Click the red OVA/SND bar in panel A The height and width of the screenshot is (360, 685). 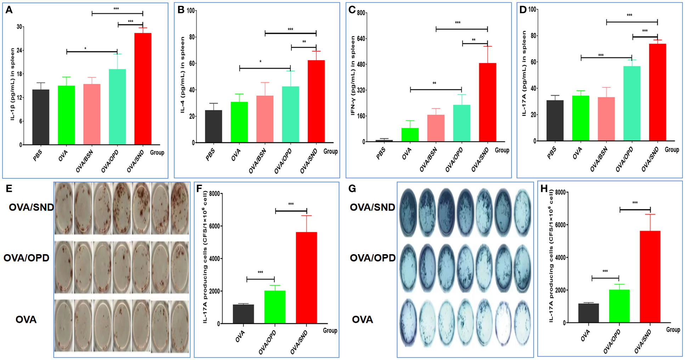pos(143,88)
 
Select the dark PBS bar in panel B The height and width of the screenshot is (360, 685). pos(214,126)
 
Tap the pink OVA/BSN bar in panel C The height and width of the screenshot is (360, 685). pos(436,128)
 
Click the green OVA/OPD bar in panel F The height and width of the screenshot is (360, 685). pos(275,307)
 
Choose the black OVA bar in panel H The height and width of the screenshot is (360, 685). pos(588,313)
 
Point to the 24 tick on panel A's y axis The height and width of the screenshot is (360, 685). pos(20,50)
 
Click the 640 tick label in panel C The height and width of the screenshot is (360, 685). pos(361,39)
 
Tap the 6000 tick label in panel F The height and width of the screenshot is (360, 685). pos(214,226)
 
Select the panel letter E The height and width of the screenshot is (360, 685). pos(9,188)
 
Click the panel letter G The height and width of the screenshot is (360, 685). pos(352,189)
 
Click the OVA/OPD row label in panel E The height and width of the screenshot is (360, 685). pos(27,258)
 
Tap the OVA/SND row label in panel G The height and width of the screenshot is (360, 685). pos(372,207)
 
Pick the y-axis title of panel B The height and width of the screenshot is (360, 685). pos(182,75)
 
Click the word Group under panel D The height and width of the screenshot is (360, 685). pos(672,150)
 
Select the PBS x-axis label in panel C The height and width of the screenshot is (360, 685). pos(381,154)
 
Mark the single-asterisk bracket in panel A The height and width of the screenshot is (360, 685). pos(92,51)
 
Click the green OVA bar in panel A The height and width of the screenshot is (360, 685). pos(66,115)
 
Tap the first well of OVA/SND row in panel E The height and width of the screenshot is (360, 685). pos(64,208)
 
